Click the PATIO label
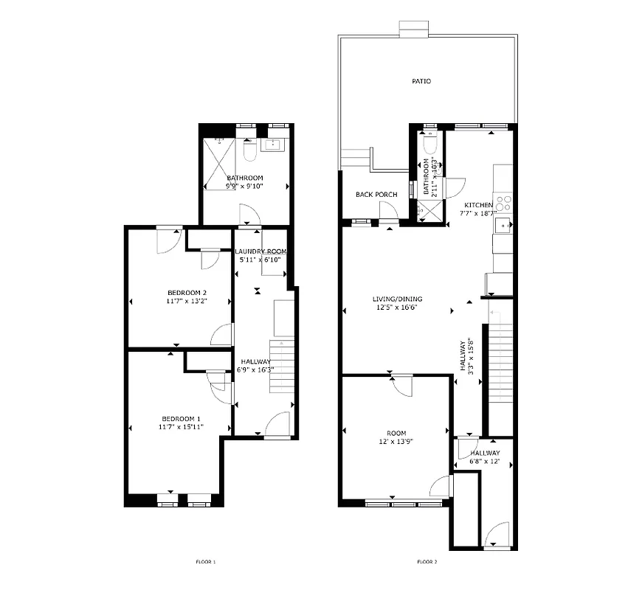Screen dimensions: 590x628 (421, 81)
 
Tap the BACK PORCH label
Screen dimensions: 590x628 (376, 195)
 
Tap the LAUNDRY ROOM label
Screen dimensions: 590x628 (260, 251)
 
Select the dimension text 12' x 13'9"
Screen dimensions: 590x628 (396, 442)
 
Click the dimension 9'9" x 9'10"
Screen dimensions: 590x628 (244, 187)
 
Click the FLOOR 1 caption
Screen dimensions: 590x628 (205, 562)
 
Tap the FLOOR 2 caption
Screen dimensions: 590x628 (427, 562)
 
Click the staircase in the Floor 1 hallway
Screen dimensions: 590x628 (283, 367)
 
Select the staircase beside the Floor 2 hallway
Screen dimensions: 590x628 (500, 358)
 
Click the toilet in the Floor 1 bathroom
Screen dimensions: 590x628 (249, 150)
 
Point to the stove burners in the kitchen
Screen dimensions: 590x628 (505, 202)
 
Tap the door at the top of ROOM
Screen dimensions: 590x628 (401, 386)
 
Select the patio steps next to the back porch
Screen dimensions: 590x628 (356, 159)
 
